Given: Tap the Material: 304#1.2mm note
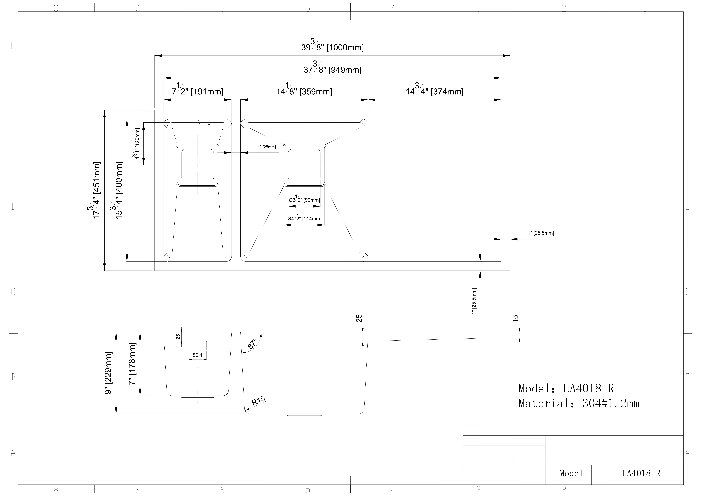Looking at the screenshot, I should [579, 403].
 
